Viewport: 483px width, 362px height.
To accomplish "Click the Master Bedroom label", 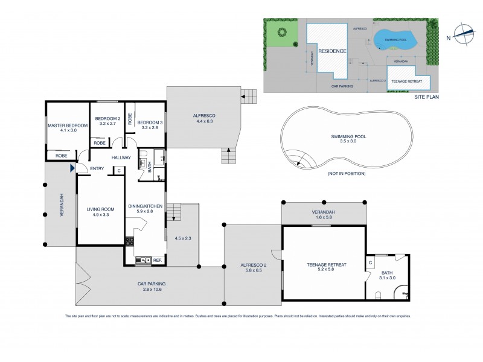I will point(68,125).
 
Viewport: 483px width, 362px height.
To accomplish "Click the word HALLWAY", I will point(121,158).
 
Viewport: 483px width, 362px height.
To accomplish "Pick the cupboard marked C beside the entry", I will point(118,171).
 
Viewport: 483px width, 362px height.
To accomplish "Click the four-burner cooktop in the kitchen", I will point(129,241).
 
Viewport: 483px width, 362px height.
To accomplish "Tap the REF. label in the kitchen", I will point(156,260).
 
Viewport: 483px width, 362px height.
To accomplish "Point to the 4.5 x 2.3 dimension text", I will point(182,238).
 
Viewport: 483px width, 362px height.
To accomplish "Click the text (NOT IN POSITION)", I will point(348,174).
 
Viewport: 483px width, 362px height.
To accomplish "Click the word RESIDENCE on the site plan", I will point(332,51).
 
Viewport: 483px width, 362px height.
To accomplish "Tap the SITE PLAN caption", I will point(427,97).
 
